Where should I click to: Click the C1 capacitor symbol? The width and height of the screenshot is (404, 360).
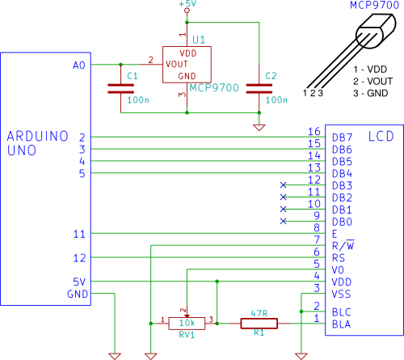coord(120,89)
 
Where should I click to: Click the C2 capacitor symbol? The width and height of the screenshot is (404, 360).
coord(259,89)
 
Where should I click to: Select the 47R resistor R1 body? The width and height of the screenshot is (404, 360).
coord(259,324)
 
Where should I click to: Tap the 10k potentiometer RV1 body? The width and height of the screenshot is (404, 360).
coord(187,324)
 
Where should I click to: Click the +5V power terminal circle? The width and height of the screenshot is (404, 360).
coord(187,11)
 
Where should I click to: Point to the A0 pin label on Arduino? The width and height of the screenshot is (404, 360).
coord(79,66)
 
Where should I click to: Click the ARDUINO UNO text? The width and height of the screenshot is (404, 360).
coord(37,143)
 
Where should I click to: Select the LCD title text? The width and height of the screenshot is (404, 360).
coord(381,137)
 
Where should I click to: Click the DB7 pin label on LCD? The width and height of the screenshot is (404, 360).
coord(342,138)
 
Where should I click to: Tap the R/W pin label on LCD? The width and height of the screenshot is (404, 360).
coord(343,245)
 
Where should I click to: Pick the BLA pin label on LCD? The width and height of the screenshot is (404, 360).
coord(341,324)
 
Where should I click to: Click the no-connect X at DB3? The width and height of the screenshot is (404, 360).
coord(283,185)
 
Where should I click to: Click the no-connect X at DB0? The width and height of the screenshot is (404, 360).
coord(283,222)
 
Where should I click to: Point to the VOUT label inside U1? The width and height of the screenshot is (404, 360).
coord(176,64)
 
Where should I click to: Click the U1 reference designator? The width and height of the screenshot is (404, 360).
coord(199,40)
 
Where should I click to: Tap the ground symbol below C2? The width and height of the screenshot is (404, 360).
coord(259,127)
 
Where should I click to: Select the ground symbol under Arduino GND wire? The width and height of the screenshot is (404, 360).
coord(115,356)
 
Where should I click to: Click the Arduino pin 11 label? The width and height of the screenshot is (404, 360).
coord(79,234)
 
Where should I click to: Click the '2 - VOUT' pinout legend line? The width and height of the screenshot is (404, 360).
coord(373,81)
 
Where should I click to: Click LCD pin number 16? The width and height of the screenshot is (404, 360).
coord(314,132)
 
